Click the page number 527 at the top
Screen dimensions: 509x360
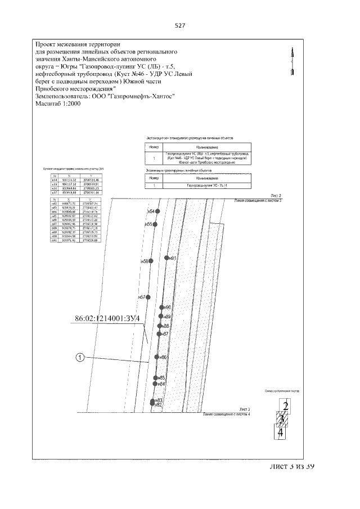click(x=180, y=26)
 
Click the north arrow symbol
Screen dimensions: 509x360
click(x=291, y=60)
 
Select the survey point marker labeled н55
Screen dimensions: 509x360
click(x=155, y=224)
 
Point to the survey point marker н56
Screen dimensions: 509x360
click(x=151, y=262)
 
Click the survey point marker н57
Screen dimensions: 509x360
click(x=148, y=297)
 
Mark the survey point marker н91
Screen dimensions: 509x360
click(x=166, y=258)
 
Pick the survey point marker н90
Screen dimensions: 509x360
click(x=161, y=307)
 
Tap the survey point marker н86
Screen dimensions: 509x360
click(x=157, y=357)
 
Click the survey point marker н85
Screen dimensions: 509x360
click(x=156, y=377)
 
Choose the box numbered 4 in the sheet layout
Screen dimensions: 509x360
click(x=280, y=432)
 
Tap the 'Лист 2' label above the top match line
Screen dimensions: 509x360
click(x=276, y=195)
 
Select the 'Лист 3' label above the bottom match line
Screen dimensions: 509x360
click(x=244, y=409)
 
